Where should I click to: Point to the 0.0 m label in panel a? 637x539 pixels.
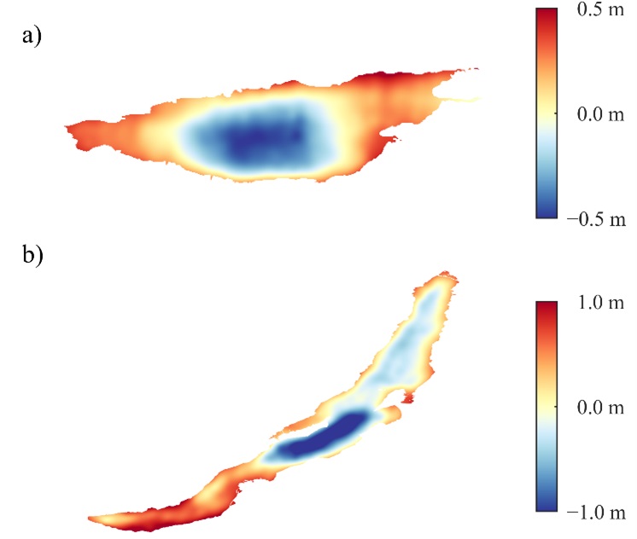[588, 114]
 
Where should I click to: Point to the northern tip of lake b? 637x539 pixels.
[443, 275]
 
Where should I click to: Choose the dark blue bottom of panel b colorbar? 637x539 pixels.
[546, 507]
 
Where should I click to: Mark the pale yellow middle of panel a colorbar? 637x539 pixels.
[546, 114]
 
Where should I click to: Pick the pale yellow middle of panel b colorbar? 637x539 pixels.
[546, 408]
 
